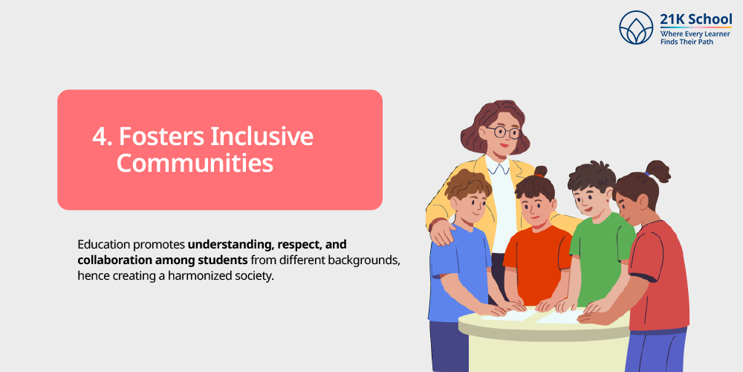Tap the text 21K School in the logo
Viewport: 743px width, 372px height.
695,19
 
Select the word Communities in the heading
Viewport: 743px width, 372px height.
195,163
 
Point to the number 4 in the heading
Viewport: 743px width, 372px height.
99,137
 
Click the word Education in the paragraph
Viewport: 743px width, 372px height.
105,244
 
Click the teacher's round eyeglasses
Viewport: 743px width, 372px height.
504,132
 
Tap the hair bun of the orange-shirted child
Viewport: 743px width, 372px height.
540,172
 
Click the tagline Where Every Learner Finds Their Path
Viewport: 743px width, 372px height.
695,38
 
